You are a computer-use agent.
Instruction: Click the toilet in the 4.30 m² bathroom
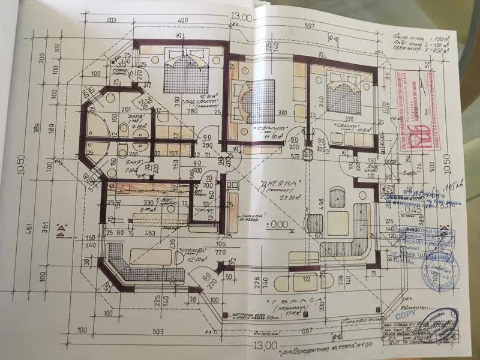pos(121,125)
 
